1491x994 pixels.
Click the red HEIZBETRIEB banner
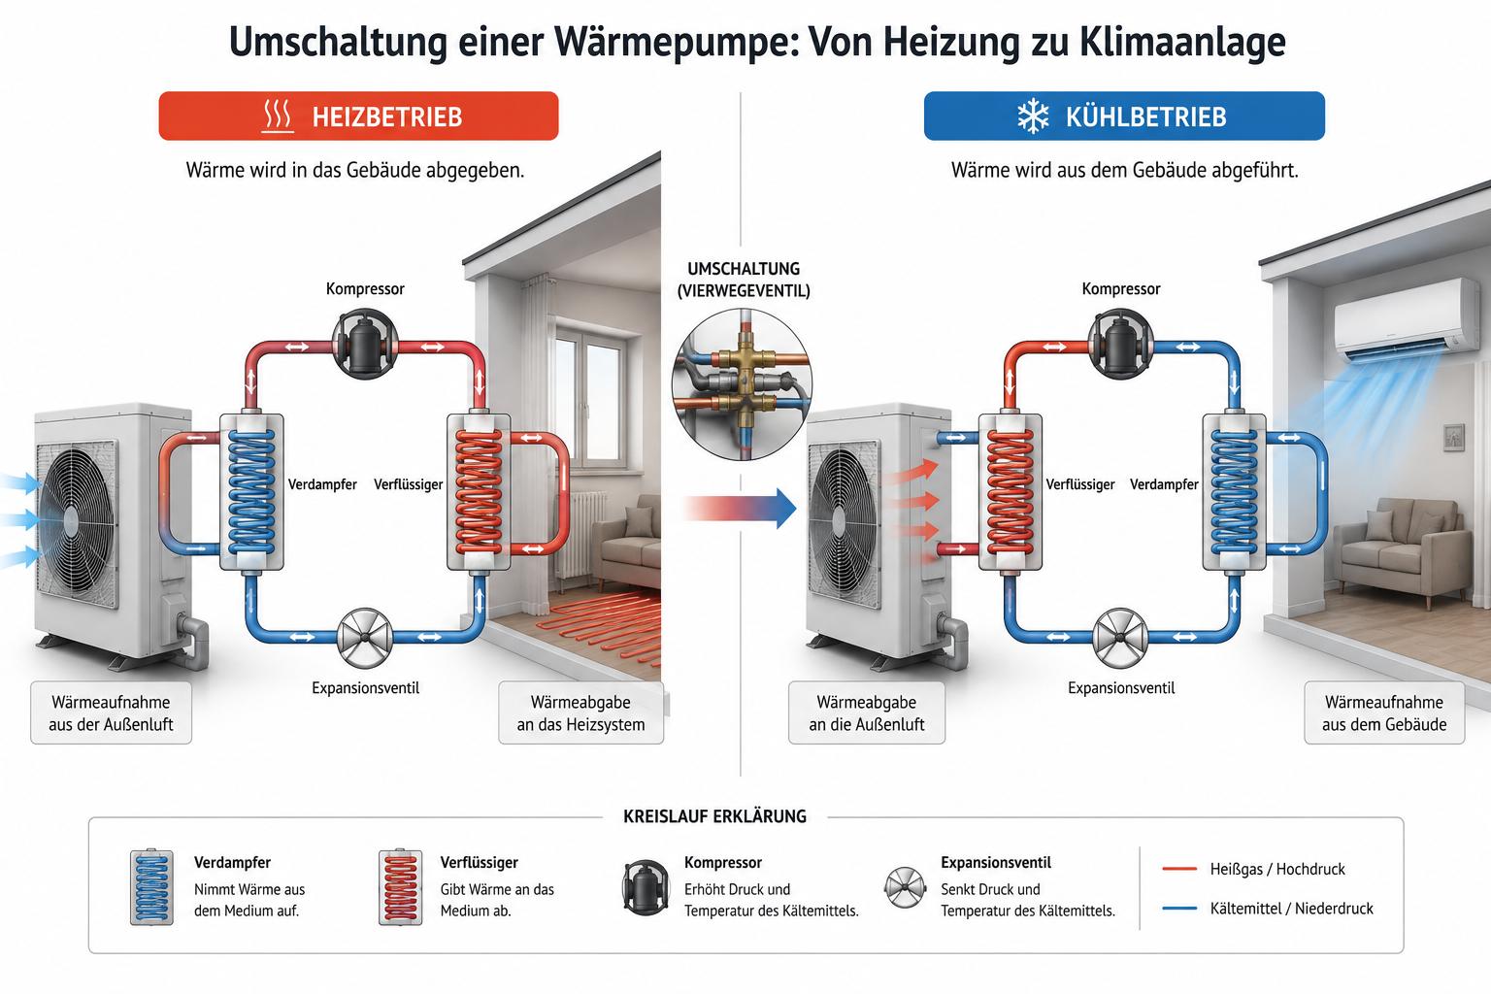[x=358, y=116]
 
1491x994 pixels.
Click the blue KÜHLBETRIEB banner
[x=1124, y=116]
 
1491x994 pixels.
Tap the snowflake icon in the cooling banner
[x=1033, y=116]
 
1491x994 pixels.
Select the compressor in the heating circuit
[x=365, y=344]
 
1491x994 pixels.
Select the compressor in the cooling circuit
[x=1121, y=344]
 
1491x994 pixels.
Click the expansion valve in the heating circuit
[x=365, y=638]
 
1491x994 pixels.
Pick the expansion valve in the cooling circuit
[x=1120, y=638]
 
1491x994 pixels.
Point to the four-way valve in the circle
[x=743, y=384]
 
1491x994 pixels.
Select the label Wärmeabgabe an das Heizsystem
[x=581, y=713]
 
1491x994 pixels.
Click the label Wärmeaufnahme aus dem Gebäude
[x=1384, y=713]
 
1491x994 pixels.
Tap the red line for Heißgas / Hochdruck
[x=1179, y=869]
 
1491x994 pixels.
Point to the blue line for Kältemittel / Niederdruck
[x=1179, y=909]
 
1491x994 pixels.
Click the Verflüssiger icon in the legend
[x=400, y=887]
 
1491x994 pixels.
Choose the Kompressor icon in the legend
[x=645, y=887]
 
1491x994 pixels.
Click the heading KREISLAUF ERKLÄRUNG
[x=714, y=816]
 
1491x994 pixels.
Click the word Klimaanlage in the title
[x=1182, y=42]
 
